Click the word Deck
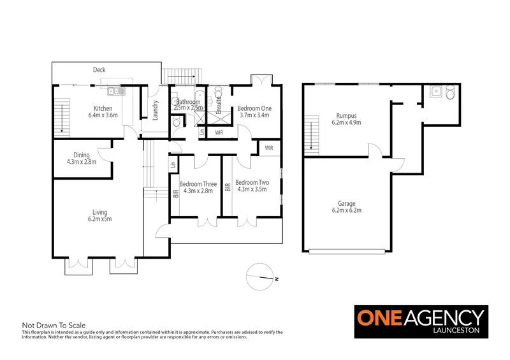coord(99,69)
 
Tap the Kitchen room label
coord(103,108)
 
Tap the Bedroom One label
coord(254,109)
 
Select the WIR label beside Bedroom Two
coord(269,148)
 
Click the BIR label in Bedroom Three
coord(175,192)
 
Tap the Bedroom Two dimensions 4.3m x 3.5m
coord(252,190)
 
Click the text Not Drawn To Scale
coord(54,324)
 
